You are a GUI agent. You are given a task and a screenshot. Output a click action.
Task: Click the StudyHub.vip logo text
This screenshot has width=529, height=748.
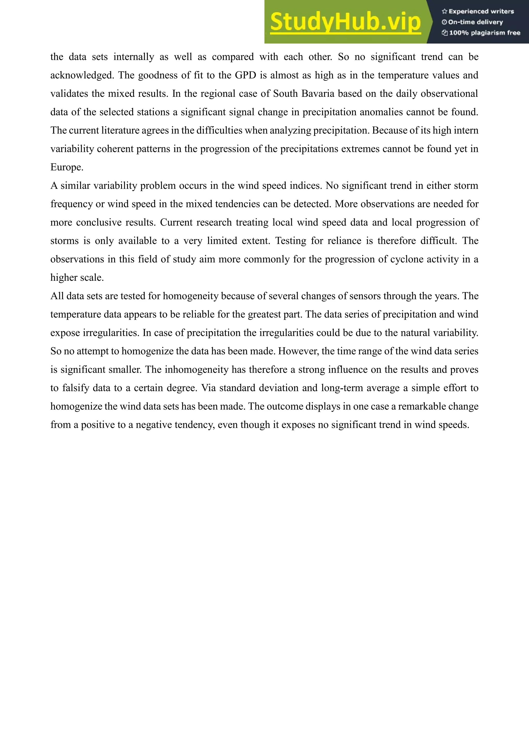coord(345,22)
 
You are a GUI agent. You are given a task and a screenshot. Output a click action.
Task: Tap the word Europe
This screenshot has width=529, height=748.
coord(67,167)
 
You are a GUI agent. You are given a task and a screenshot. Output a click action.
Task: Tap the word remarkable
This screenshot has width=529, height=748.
coord(421,407)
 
